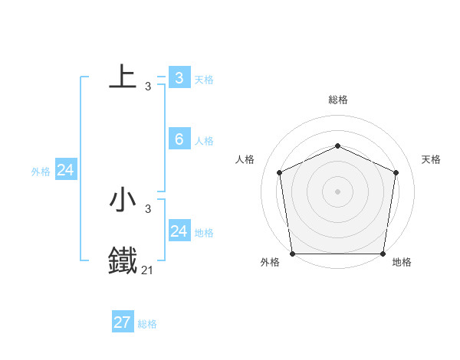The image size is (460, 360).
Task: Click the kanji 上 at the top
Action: pos(123,77)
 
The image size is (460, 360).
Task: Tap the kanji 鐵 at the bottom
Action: pos(123,260)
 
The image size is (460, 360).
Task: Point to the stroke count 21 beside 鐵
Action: pos(147,270)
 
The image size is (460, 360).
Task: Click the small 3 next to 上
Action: pos(148,87)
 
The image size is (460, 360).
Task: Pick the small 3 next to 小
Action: pos(148,209)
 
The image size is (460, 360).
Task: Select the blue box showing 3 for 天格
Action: pos(179,77)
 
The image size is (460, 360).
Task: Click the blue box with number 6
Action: pos(179,139)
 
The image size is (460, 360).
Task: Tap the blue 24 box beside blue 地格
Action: pos(179,231)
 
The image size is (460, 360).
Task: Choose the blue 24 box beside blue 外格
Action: pos(66,170)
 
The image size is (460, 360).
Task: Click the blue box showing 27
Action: pos(123,322)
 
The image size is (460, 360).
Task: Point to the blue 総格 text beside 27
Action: pos(147,324)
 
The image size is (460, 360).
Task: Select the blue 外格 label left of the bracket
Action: pos(41,172)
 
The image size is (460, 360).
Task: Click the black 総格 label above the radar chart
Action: pos(338,100)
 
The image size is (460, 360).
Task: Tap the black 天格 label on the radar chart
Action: pos(432,159)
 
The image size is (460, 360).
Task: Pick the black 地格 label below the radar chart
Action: pos(402,262)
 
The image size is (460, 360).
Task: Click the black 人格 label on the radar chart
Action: pos(245,159)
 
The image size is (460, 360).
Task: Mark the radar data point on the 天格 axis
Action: pos(396,172)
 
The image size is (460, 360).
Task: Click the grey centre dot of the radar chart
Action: pos(338,191)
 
